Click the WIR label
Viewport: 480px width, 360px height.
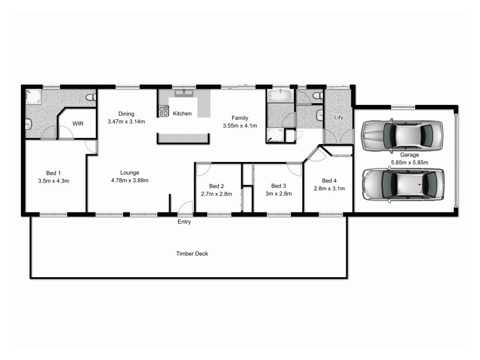[77, 123]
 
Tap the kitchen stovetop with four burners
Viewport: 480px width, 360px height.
[163, 110]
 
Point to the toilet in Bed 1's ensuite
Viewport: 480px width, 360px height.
[91, 97]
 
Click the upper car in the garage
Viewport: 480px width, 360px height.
[402, 136]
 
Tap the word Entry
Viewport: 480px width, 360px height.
[184, 222]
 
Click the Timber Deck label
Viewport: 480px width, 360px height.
[192, 254]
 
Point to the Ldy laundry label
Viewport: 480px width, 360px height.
[338, 118]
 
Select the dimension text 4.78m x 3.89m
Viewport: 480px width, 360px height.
[129, 180]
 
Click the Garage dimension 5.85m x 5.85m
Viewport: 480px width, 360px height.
[410, 162]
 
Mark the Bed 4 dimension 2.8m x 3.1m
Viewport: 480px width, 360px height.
[328, 188]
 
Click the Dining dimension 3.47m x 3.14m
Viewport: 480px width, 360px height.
[126, 122]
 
